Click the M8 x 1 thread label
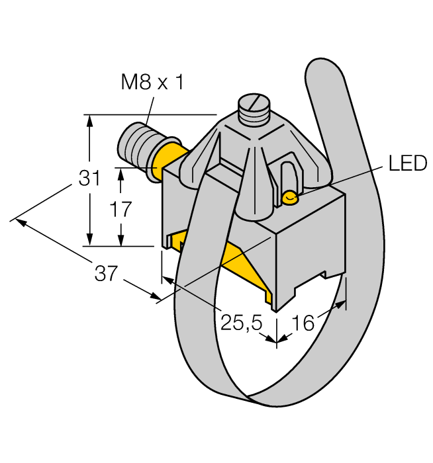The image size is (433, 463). [152, 83]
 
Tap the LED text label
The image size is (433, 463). [407, 164]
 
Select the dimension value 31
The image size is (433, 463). [90, 179]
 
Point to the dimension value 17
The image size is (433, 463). [120, 209]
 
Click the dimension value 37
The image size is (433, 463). [105, 273]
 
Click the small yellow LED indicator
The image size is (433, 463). [290, 196]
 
